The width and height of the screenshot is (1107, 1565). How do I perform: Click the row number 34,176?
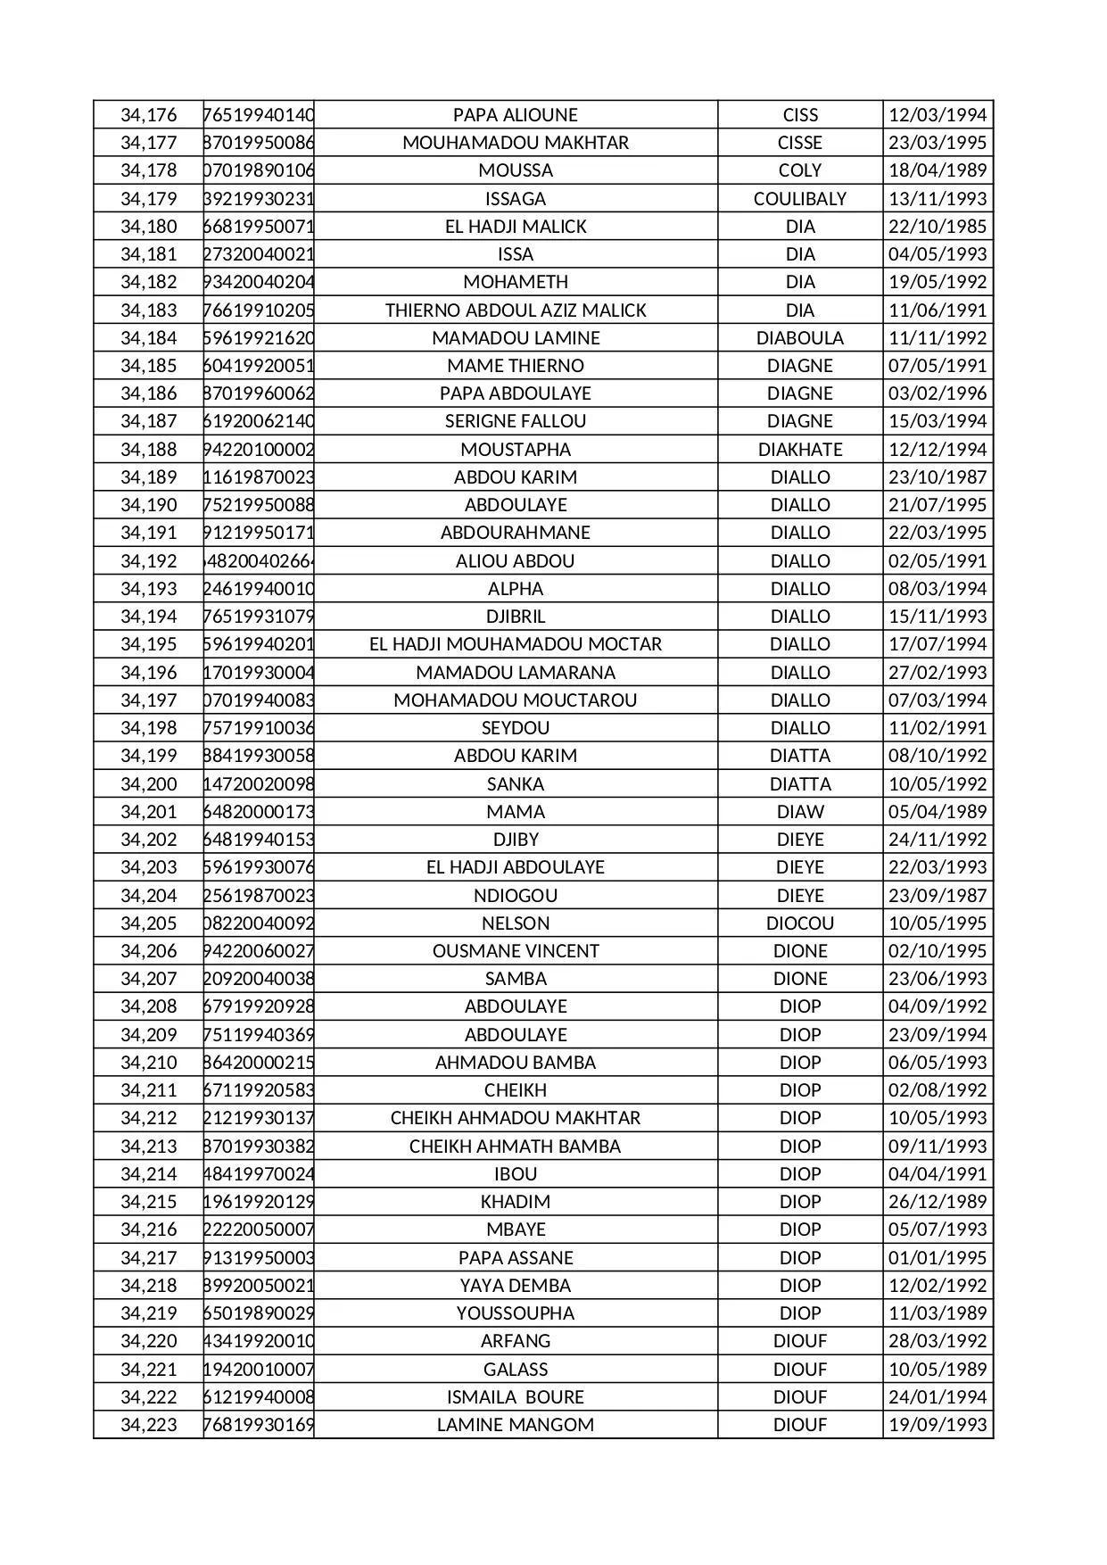pyautogui.click(x=149, y=115)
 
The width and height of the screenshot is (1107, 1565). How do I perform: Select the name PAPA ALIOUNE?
pyautogui.click(x=516, y=115)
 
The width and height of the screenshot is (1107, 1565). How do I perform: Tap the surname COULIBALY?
pyautogui.click(x=800, y=199)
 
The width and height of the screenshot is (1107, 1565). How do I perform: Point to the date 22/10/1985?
pyautogui.click(x=938, y=227)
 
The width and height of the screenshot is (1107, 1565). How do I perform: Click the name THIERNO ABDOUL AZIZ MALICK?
pyautogui.click(x=516, y=311)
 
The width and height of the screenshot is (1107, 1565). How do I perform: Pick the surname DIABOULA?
pyautogui.click(x=800, y=338)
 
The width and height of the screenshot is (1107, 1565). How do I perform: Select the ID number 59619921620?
pyautogui.click(x=259, y=338)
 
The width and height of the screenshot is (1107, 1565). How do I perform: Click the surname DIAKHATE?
pyautogui.click(x=800, y=450)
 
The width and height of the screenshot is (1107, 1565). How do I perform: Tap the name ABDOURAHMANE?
pyautogui.click(x=516, y=533)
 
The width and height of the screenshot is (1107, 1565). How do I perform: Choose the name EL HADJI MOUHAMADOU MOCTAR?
pyautogui.click(x=516, y=644)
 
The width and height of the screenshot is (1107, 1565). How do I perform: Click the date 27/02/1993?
pyautogui.click(x=938, y=673)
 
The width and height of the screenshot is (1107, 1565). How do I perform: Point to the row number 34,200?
pyautogui.click(x=149, y=784)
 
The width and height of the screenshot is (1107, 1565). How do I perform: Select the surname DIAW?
pyautogui.click(x=800, y=812)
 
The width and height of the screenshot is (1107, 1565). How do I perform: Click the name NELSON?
pyautogui.click(x=516, y=923)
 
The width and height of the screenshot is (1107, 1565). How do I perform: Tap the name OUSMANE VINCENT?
pyautogui.click(x=516, y=951)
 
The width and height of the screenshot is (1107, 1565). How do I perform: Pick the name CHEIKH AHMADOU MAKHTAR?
pyautogui.click(x=516, y=1118)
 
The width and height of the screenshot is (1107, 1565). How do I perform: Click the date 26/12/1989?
pyautogui.click(x=938, y=1202)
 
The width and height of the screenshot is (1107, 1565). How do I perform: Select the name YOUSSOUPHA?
pyautogui.click(x=516, y=1313)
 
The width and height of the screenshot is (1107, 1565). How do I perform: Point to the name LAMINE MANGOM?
pyautogui.click(x=516, y=1425)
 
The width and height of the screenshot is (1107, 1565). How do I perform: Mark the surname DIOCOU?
pyautogui.click(x=800, y=923)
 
